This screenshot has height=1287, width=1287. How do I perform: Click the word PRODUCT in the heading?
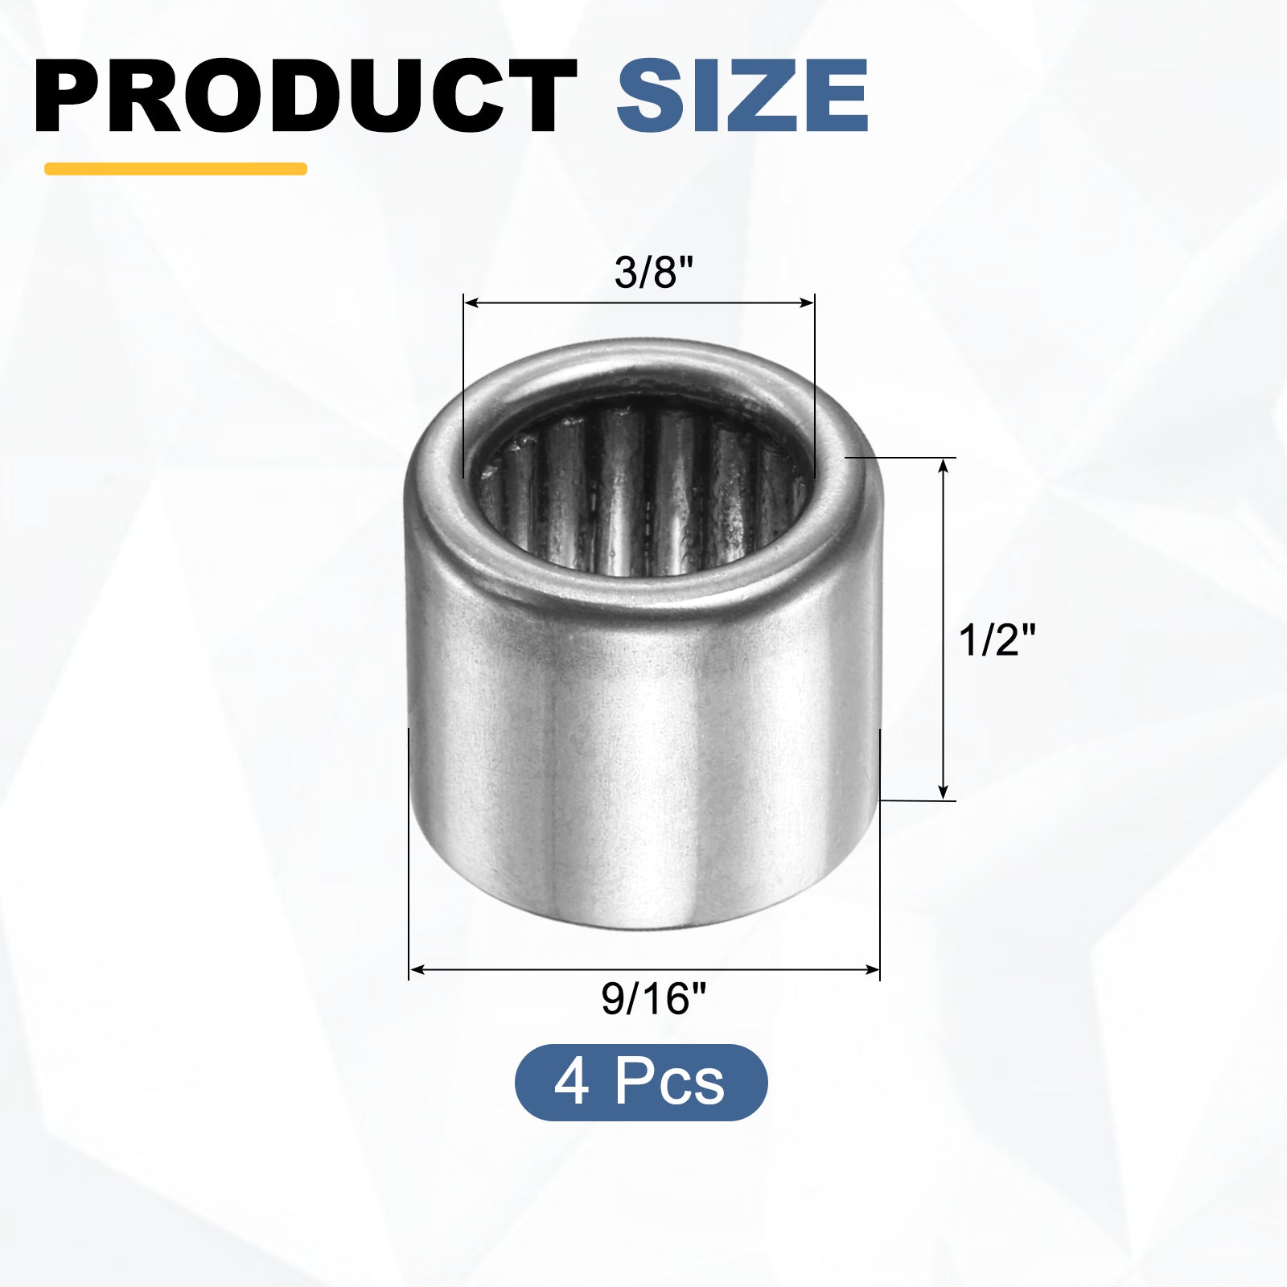[306, 96]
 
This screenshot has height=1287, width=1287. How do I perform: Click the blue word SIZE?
[742, 96]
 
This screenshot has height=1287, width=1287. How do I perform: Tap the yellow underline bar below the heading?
[175, 169]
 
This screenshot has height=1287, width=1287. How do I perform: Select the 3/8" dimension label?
[653, 273]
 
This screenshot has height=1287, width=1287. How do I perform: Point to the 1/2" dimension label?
[997, 641]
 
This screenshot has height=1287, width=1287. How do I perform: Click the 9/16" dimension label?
[653, 1000]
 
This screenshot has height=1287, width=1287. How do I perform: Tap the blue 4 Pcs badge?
[641, 1083]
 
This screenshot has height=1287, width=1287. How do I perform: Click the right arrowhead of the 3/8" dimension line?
[806, 303]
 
